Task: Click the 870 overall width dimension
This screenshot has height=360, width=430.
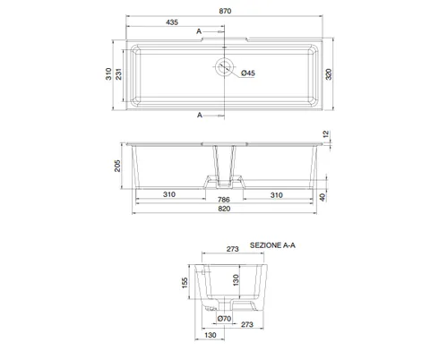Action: point(225,11)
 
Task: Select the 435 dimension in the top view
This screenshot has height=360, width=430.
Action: point(172,22)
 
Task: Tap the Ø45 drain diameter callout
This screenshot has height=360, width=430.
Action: point(248,73)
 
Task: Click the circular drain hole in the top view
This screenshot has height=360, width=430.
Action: point(224,66)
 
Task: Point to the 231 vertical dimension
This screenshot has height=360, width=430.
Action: point(119,74)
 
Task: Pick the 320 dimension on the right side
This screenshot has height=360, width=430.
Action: point(329,74)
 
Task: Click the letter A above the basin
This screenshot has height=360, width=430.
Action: point(199,31)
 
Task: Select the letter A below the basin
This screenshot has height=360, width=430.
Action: point(200,116)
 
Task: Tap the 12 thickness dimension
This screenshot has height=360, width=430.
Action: point(326,134)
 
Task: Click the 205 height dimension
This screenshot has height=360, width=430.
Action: point(117,166)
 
